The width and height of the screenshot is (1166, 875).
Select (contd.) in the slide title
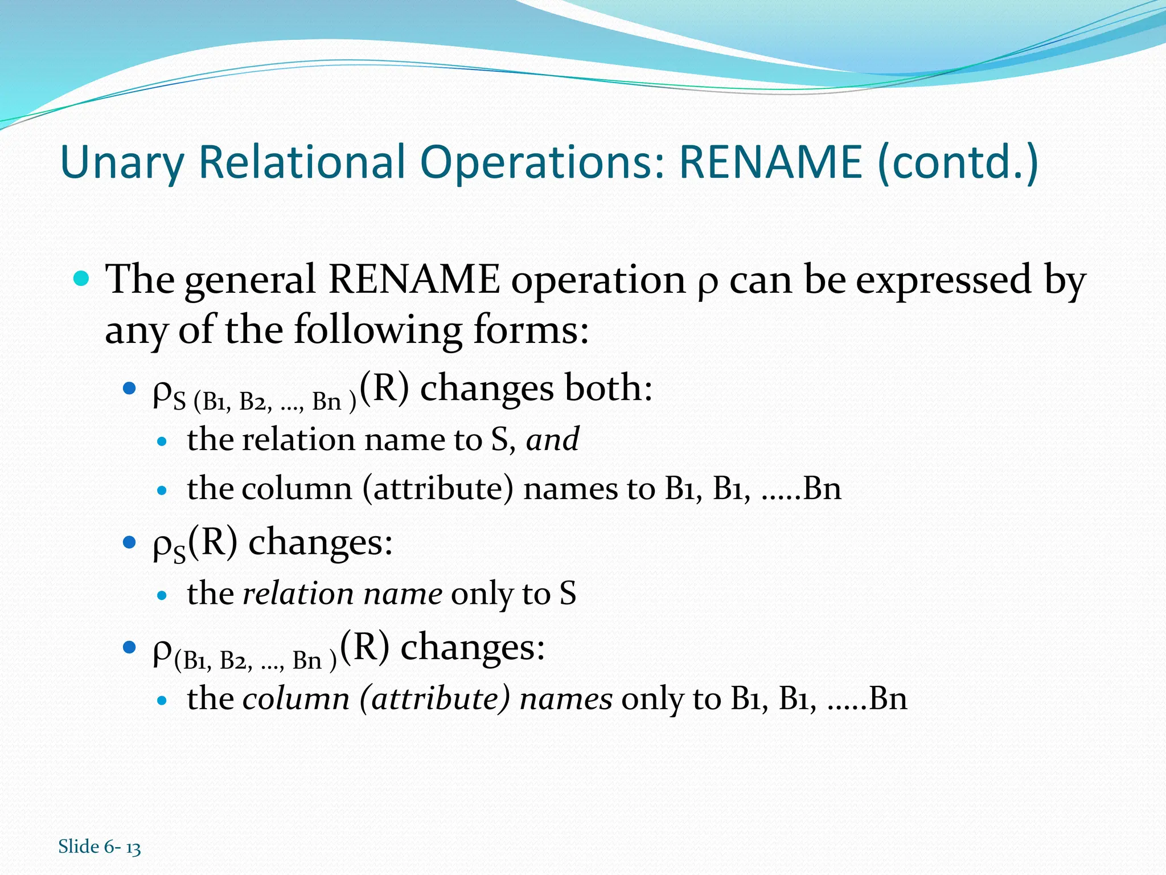[x=958, y=163]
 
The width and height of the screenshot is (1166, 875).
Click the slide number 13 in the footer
[x=133, y=848]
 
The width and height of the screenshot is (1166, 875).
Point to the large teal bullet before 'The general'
[x=82, y=279]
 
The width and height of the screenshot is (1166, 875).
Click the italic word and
[x=552, y=439]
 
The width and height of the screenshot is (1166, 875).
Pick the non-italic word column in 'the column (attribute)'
[x=297, y=489]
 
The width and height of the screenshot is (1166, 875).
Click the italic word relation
[x=298, y=594]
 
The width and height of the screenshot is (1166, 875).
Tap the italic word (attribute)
[x=434, y=699]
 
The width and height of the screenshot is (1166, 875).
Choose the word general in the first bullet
[x=250, y=280]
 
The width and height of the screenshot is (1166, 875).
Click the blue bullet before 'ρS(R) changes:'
[x=130, y=541]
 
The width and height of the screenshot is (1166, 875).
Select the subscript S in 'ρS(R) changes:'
[x=179, y=554]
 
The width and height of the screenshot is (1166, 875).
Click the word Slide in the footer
[x=79, y=847]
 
